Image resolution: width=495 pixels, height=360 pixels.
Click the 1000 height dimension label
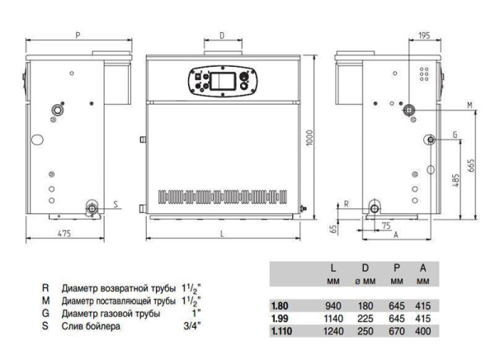pos(309,138)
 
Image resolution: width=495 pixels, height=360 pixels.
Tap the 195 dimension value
pos(424,36)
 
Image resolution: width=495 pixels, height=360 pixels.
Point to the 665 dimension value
pos(471,166)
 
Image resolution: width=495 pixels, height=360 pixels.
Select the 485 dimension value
pos(455,179)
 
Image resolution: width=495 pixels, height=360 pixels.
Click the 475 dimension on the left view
pos(64,234)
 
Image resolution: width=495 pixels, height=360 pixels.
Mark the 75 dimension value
pos(386,225)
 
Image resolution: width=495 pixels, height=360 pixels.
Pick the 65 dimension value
pos(333,229)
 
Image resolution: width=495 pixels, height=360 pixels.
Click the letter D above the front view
pos(222,36)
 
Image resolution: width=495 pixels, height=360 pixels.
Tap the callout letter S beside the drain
pos(115,204)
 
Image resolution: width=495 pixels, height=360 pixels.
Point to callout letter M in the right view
pos(469,105)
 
